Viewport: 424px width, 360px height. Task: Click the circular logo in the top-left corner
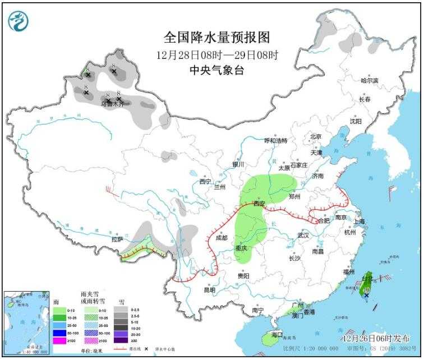19,21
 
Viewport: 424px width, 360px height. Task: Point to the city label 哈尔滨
370,81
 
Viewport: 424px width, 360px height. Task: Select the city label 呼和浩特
275,140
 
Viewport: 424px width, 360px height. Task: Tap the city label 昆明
209,290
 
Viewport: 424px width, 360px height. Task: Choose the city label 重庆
241,248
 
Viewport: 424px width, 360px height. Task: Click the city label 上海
359,221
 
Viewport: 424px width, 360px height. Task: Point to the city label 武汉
303,235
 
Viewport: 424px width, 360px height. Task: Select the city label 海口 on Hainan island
276,334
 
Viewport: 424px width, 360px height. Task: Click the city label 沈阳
356,121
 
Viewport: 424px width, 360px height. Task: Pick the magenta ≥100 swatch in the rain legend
58,340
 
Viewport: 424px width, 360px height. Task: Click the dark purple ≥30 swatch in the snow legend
119,340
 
